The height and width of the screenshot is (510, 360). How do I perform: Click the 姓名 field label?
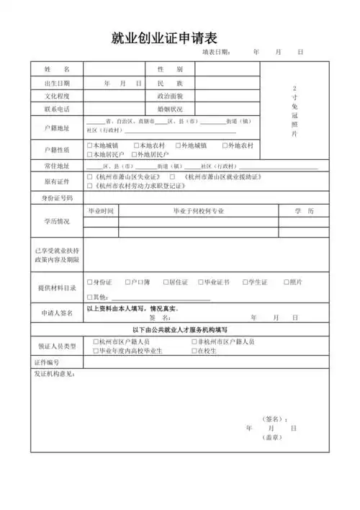56,69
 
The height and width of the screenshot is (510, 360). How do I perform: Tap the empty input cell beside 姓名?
114,69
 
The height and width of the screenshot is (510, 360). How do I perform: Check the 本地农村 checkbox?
135,146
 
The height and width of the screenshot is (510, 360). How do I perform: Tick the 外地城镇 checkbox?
178,146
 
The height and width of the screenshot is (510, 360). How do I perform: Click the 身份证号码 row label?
56,197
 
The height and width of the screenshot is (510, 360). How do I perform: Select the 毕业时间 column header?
101,211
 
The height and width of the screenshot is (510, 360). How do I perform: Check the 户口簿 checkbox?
127,282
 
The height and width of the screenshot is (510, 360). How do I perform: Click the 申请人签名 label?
56,313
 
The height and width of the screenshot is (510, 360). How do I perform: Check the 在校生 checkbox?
192,351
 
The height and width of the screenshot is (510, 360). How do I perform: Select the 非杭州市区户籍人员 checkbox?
192,341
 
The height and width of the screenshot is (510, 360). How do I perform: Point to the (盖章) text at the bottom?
271,437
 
